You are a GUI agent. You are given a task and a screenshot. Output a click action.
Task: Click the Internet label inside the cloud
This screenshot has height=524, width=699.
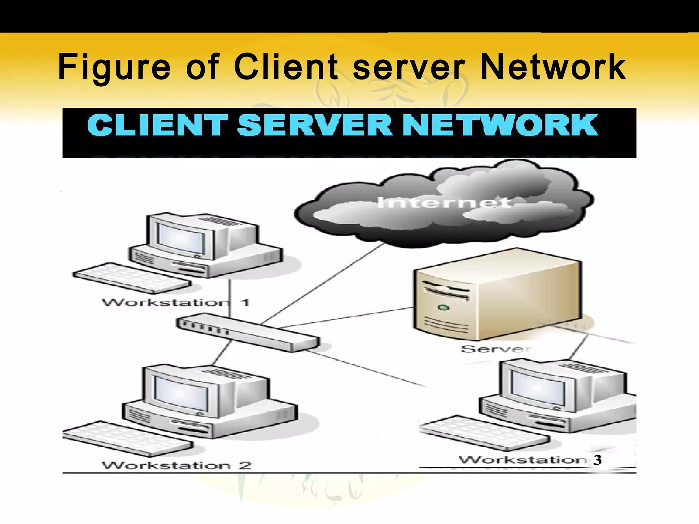coord(444,203)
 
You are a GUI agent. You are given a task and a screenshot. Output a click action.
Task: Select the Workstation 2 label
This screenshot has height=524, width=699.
coord(177,465)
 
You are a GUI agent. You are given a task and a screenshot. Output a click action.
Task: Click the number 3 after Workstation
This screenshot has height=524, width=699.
coord(597,460)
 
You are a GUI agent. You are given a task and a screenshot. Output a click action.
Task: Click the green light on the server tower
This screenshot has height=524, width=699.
coord(443,308)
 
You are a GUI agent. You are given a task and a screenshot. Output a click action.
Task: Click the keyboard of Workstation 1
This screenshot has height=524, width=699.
coord(131,278)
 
